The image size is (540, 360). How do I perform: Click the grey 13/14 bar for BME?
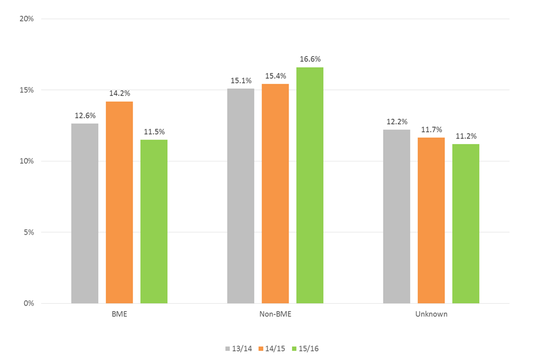pyautogui.click(x=84, y=214)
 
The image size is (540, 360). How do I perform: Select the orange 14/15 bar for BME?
pyautogui.click(x=119, y=202)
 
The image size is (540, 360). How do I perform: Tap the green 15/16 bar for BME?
pyautogui.click(x=154, y=222)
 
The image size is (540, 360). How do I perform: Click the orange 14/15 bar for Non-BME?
pyautogui.click(x=275, y=193)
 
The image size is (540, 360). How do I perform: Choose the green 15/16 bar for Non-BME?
pyautogui.click(x=310, y=185)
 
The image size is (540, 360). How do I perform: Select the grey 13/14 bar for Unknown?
pyautogui.click(x=397, y=217)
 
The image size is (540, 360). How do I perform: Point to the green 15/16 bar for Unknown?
pyautogui.click(x=466, y=224)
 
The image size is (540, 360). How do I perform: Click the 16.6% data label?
pyautogui.click(x=310, y=59)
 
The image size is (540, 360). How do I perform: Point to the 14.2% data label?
pyautogui.click(x=119, y=93)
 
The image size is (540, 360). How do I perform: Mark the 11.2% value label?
pyautogui.click(x=466, y=136)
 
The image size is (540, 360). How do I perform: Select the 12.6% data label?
pyautogui.click(x=84, y=115)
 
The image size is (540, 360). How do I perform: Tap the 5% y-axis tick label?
pyautogui.click(x=29, y=232)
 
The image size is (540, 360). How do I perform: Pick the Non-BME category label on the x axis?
pyautogui.click(x=275, y=314)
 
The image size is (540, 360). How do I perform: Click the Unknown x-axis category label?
pyautogui.click(x=431, y=314)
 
